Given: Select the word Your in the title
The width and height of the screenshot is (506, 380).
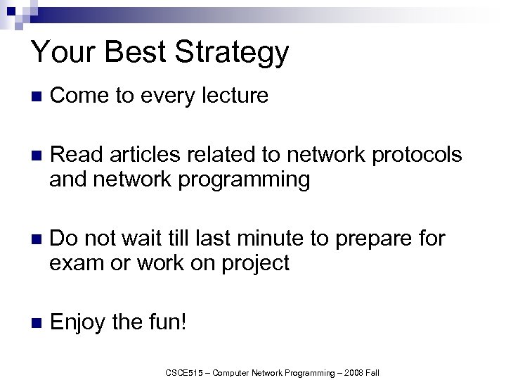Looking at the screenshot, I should tap(61, 52).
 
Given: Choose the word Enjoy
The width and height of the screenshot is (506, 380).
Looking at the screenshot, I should tap(78, 324).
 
